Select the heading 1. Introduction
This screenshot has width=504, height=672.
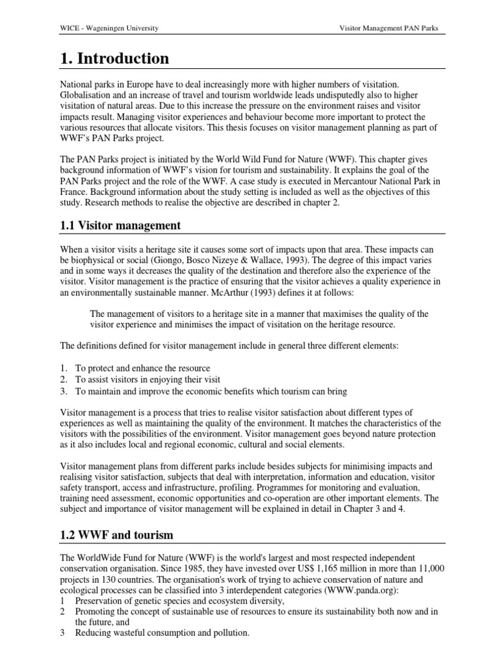click(114, 58)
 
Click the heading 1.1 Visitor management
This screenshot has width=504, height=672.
click(121, 225)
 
